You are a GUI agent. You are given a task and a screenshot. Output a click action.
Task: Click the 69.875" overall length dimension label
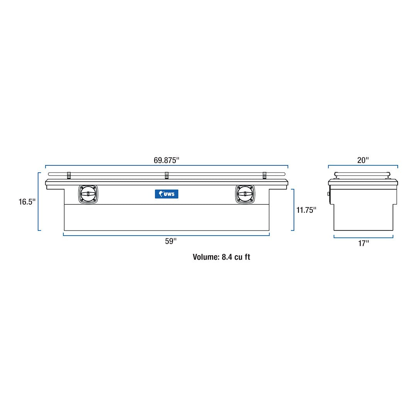coord(167,160)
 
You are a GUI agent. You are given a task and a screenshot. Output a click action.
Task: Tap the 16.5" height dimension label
coord(27,202)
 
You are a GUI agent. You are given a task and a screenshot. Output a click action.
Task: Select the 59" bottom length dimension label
coord(170,241)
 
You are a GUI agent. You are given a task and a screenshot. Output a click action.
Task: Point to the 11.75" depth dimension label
coord(306,210)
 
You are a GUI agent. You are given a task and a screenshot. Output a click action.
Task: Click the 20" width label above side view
coord(363,160)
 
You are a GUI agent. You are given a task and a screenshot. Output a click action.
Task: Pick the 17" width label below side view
coord(363,243)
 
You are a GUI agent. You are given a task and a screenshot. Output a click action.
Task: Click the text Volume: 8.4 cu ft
coord(221,257)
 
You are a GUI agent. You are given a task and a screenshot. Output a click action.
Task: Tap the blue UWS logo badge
coord(166,194)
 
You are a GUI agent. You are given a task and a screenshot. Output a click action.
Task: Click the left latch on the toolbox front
coord(88,194)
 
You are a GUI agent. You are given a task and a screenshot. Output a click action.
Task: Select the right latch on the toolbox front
coord(245,194)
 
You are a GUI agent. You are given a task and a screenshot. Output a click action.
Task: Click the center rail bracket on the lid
coord(166,176)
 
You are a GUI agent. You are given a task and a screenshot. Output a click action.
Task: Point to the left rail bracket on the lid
coord(69,176)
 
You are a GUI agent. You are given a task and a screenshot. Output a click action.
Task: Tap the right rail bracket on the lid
coord(264,176)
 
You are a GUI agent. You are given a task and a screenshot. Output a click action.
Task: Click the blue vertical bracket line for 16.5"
coord(39,202)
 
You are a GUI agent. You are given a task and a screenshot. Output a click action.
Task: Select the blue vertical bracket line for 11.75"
coord(294,210)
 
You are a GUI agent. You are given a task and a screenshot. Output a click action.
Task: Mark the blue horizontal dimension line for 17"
coord(363,237)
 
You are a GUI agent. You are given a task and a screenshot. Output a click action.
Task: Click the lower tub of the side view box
coord(363,217)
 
